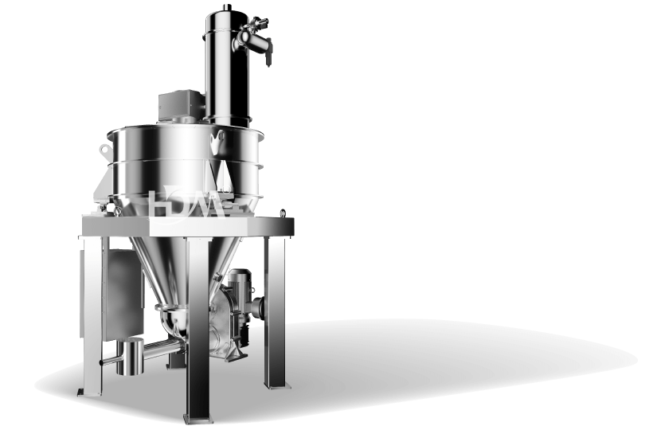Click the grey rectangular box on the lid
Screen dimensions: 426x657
(x=182, y=106)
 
